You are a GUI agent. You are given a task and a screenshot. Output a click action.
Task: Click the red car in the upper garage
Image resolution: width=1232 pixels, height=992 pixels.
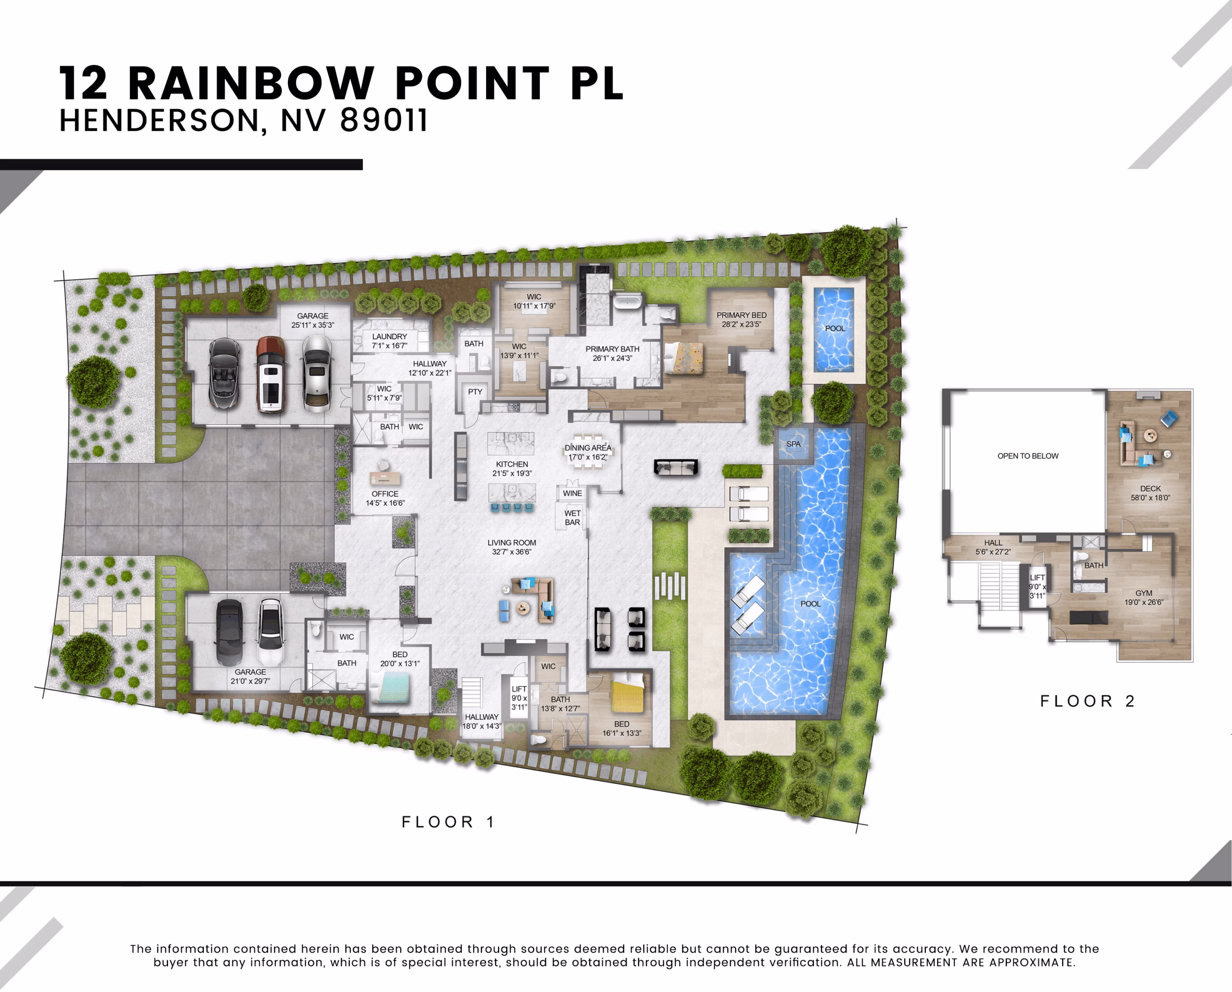[x=270, y=374]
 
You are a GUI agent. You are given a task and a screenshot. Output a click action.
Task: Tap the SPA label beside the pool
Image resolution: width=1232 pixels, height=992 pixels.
[x=794, y=444]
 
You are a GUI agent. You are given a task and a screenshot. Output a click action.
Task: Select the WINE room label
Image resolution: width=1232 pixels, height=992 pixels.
[x=572, y=493]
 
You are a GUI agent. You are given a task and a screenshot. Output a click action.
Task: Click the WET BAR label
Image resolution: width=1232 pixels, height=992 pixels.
[x=572, y=518]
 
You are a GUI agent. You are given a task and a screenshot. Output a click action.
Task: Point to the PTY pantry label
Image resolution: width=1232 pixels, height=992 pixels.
[x=475, y=392]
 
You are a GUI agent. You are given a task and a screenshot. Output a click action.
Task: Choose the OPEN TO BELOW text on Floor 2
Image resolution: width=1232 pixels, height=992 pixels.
[x=1028, y=456]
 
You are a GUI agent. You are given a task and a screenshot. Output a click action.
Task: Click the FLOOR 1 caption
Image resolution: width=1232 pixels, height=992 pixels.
[x=448, y=822]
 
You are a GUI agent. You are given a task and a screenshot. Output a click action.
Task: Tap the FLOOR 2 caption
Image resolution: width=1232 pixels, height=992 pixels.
[x=1087, y=701]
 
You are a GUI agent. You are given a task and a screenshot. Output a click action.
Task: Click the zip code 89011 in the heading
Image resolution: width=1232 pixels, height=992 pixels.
[x=384, y=121]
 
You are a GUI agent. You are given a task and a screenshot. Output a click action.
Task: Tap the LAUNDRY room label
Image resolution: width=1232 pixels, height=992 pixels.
[x=390, y=337]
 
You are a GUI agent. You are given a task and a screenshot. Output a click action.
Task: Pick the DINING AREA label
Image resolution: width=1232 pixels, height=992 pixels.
[x=588, y=448]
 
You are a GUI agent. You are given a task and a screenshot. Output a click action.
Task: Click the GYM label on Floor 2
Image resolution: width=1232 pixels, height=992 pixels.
[x=1144, y=593]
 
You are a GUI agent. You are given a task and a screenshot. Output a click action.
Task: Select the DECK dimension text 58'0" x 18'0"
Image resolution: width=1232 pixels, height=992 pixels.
[x=1150, y=498]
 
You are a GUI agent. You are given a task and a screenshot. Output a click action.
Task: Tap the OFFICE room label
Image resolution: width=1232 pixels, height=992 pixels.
[x=385, y=494]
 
